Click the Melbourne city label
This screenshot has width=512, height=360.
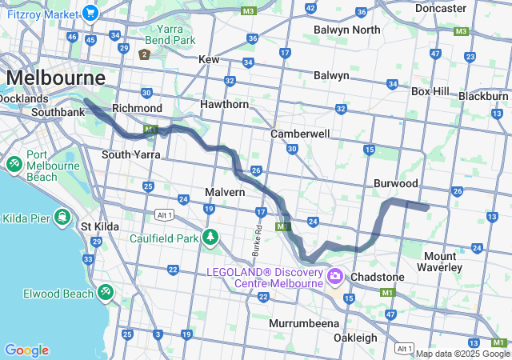(56, 78)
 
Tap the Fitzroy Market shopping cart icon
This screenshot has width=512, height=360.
(90, 13)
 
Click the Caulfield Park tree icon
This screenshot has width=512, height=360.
(210, 237)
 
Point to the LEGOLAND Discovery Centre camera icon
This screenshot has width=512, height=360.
(334, 278)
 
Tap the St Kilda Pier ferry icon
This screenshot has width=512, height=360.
(62, 218)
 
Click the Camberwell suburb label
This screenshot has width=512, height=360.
(300, 134)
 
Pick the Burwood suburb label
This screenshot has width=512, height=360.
(396, 183)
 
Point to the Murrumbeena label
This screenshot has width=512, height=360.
(303, 323)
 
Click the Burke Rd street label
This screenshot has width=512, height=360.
(258, 238)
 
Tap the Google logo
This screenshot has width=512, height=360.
(26, 350)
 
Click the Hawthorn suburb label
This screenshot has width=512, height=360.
(226, 104)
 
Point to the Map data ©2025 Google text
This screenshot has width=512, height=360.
(462, 354)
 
